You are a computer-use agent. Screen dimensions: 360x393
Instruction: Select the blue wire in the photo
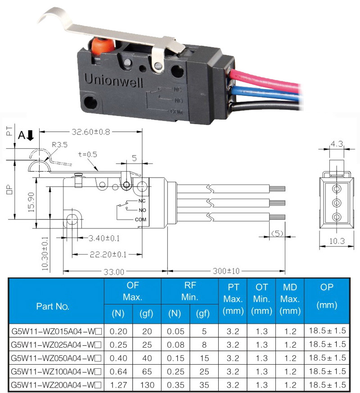coord(266,92)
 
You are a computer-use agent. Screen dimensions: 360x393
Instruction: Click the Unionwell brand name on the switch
coord(113,80)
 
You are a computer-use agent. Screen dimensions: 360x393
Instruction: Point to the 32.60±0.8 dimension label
coord(91,132)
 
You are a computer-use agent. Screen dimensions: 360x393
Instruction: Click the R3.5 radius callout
coord(60,145)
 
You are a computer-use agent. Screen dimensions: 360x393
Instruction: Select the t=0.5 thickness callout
coord(87,154)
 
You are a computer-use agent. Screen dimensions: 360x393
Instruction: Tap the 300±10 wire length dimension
coord(226,271)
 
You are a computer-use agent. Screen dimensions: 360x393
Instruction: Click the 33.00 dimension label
coord(114,272)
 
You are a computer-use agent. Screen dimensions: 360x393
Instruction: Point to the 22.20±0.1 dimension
coord(108,255)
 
